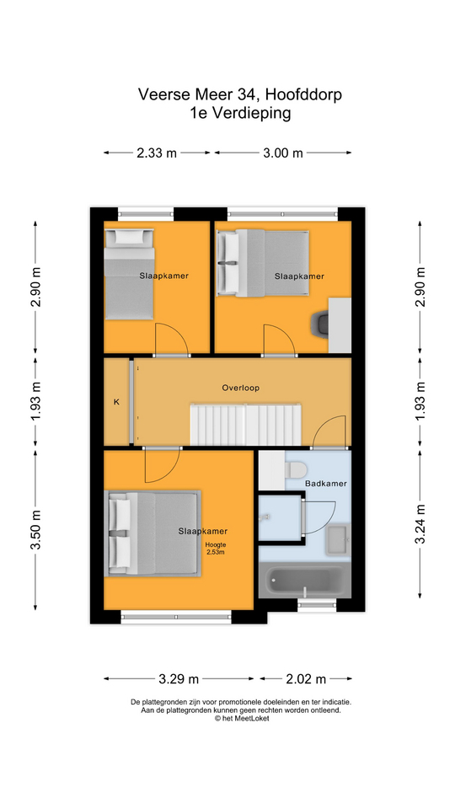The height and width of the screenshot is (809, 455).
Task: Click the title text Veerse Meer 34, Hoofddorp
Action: click(240, 94)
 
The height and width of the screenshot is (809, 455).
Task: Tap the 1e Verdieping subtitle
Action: click(240, 113)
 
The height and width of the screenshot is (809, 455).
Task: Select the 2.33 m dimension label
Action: click(157, 153)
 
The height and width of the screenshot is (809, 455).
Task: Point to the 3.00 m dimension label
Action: click(283, 153)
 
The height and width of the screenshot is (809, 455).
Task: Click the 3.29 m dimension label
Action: click(179, 679)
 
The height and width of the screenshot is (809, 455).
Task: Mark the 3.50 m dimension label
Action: click(36, 530)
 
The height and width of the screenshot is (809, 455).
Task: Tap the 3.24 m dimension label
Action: click(421, 523)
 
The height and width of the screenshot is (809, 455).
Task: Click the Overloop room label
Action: click(240, 388)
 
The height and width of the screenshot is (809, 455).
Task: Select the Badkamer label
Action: click(325, 484)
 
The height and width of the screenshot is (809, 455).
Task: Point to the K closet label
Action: click(116, 402)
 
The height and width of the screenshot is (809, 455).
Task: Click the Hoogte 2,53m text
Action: click(216, 549)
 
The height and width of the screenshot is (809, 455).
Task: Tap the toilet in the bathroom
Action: click(296, 469)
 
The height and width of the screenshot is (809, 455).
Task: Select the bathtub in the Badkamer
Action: click(304, 581)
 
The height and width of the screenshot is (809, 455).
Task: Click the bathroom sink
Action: click(339, 539)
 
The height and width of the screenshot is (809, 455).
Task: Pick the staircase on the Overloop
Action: click(245, 424)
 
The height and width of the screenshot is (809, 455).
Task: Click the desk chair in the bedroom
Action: click(320, 325)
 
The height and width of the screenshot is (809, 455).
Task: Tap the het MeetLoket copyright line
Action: click(242, 718)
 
